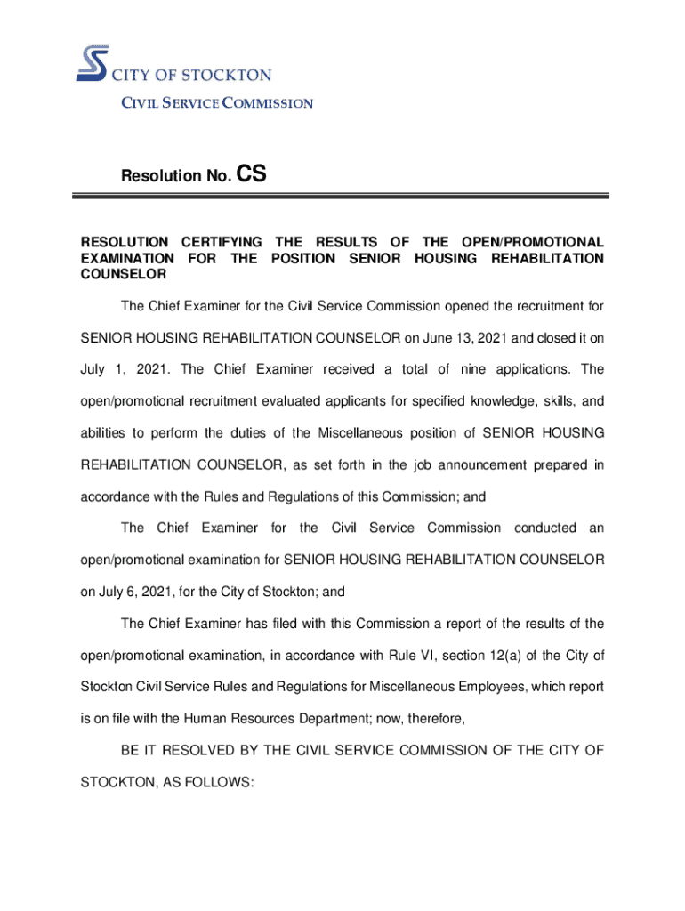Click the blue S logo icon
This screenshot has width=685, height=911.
[92, 64]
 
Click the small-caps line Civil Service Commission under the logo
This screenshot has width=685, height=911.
[217, 103]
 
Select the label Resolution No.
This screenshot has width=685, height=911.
[176, 176]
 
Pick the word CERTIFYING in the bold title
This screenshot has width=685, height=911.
[222, 242]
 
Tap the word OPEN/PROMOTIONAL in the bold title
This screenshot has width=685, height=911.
[531, 242]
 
